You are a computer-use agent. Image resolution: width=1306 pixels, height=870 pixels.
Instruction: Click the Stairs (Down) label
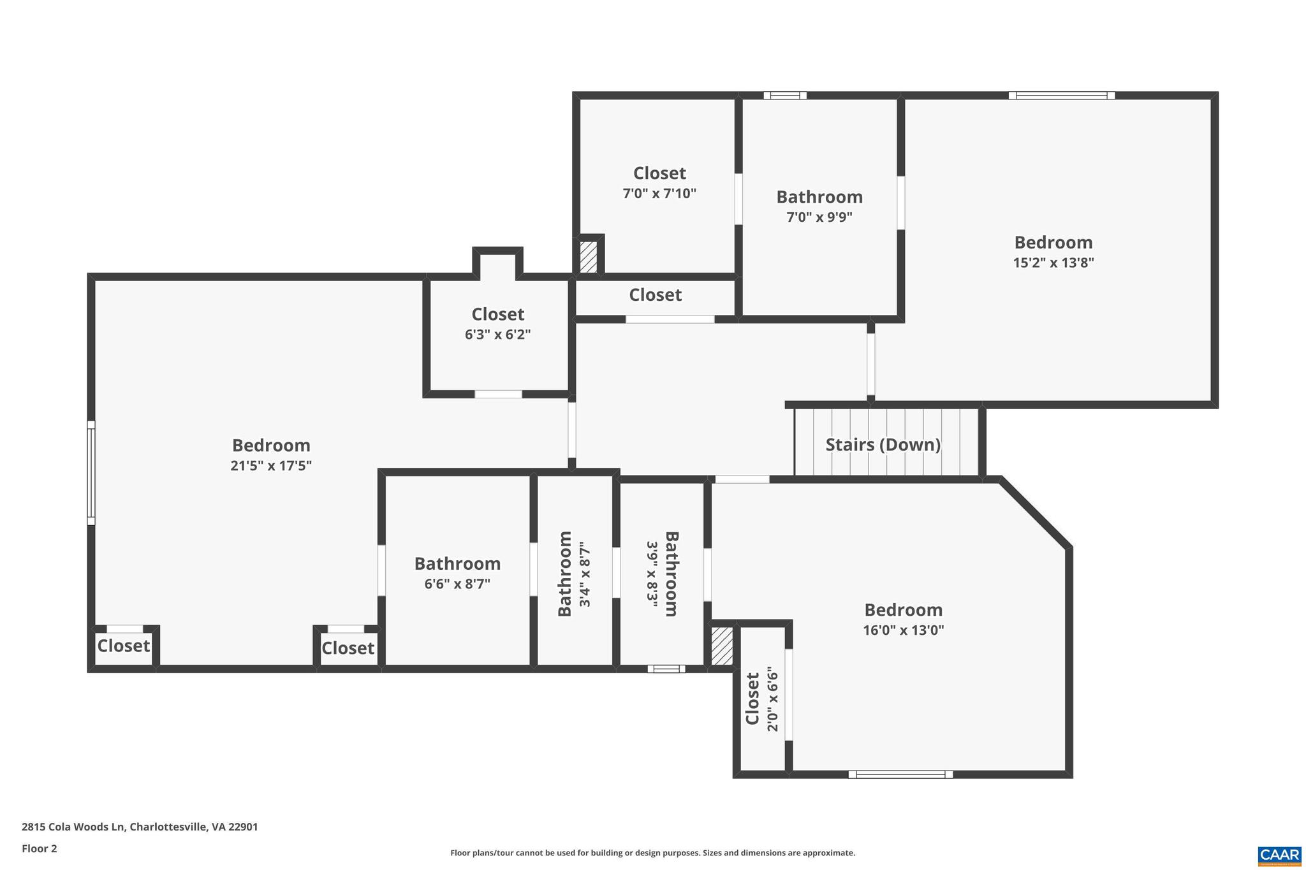pos(883,444)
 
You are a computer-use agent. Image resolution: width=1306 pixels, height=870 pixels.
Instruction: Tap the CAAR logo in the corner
pos(1279,855)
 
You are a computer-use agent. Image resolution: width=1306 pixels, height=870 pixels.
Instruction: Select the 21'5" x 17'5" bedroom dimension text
pos(271,466)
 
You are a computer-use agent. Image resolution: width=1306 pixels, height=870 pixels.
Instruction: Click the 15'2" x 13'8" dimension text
pos(1053,263)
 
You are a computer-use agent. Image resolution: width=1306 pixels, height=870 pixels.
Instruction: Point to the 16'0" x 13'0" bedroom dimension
pos(903,630)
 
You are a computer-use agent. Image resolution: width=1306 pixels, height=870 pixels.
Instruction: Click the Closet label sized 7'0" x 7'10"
pos(659,173)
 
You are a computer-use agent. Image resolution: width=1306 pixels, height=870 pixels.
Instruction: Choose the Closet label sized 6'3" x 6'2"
pos(497,314)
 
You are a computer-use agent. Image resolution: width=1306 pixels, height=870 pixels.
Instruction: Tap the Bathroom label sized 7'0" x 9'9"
pos(819,197)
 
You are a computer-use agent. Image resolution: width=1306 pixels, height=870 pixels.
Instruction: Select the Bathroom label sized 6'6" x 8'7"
pos(457,563)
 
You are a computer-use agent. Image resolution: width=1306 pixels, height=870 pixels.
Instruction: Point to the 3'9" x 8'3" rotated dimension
pos(652,574)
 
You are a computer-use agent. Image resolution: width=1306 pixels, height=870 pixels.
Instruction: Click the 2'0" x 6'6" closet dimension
pos(772,700)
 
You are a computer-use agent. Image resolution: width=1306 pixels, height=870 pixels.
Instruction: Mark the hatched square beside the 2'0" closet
pos(722,646)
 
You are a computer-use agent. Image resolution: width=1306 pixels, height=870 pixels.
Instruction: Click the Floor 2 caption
pos(40,848)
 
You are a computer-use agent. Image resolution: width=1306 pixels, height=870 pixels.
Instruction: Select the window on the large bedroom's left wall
pos(91,472)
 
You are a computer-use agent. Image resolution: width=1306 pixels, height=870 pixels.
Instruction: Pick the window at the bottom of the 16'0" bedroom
pos(900,774)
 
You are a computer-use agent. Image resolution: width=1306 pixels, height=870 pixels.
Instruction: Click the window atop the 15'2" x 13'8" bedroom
pos(1061,96)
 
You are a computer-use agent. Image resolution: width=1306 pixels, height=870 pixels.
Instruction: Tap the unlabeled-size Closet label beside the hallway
pos(655,295)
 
